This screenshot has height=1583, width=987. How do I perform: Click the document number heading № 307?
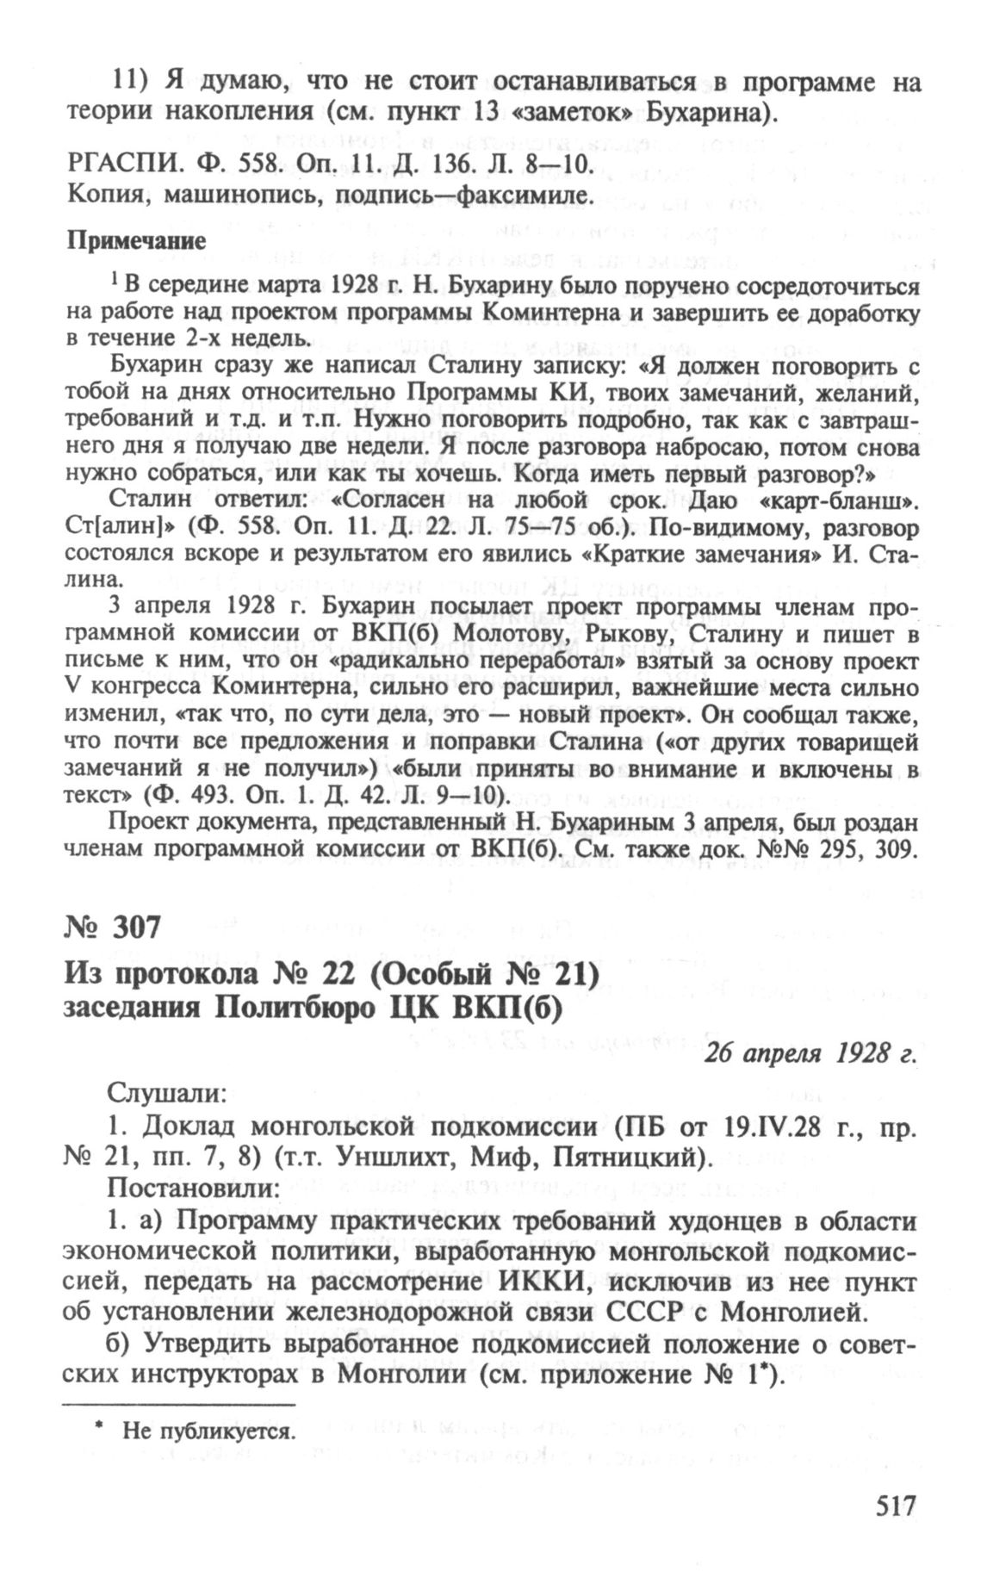tap(112, 928)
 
